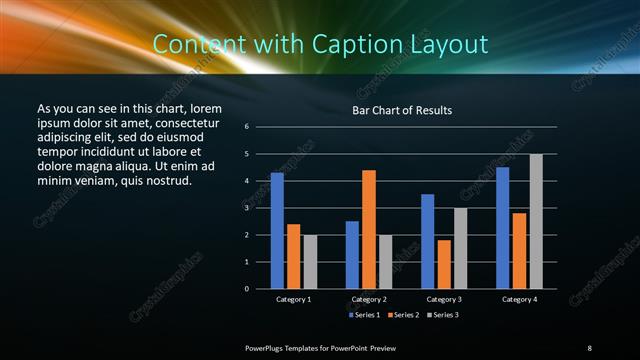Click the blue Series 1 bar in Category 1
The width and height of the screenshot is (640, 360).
click(277, 231)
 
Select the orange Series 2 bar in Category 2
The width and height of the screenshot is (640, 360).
click(369, 229)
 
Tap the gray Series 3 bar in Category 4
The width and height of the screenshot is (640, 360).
click(536, 221)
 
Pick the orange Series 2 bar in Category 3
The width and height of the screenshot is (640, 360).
click(443, 264)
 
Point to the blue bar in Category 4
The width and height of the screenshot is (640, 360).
click(502, 228)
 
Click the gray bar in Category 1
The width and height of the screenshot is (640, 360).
click(310, 262)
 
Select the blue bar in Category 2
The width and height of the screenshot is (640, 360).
click(352, 255)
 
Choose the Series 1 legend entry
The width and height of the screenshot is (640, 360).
click(365, 315)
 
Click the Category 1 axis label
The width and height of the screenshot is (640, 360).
click(294, 299)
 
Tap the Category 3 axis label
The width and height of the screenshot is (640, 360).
click(443, 299)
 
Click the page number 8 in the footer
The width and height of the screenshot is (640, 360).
click(589, 347)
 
